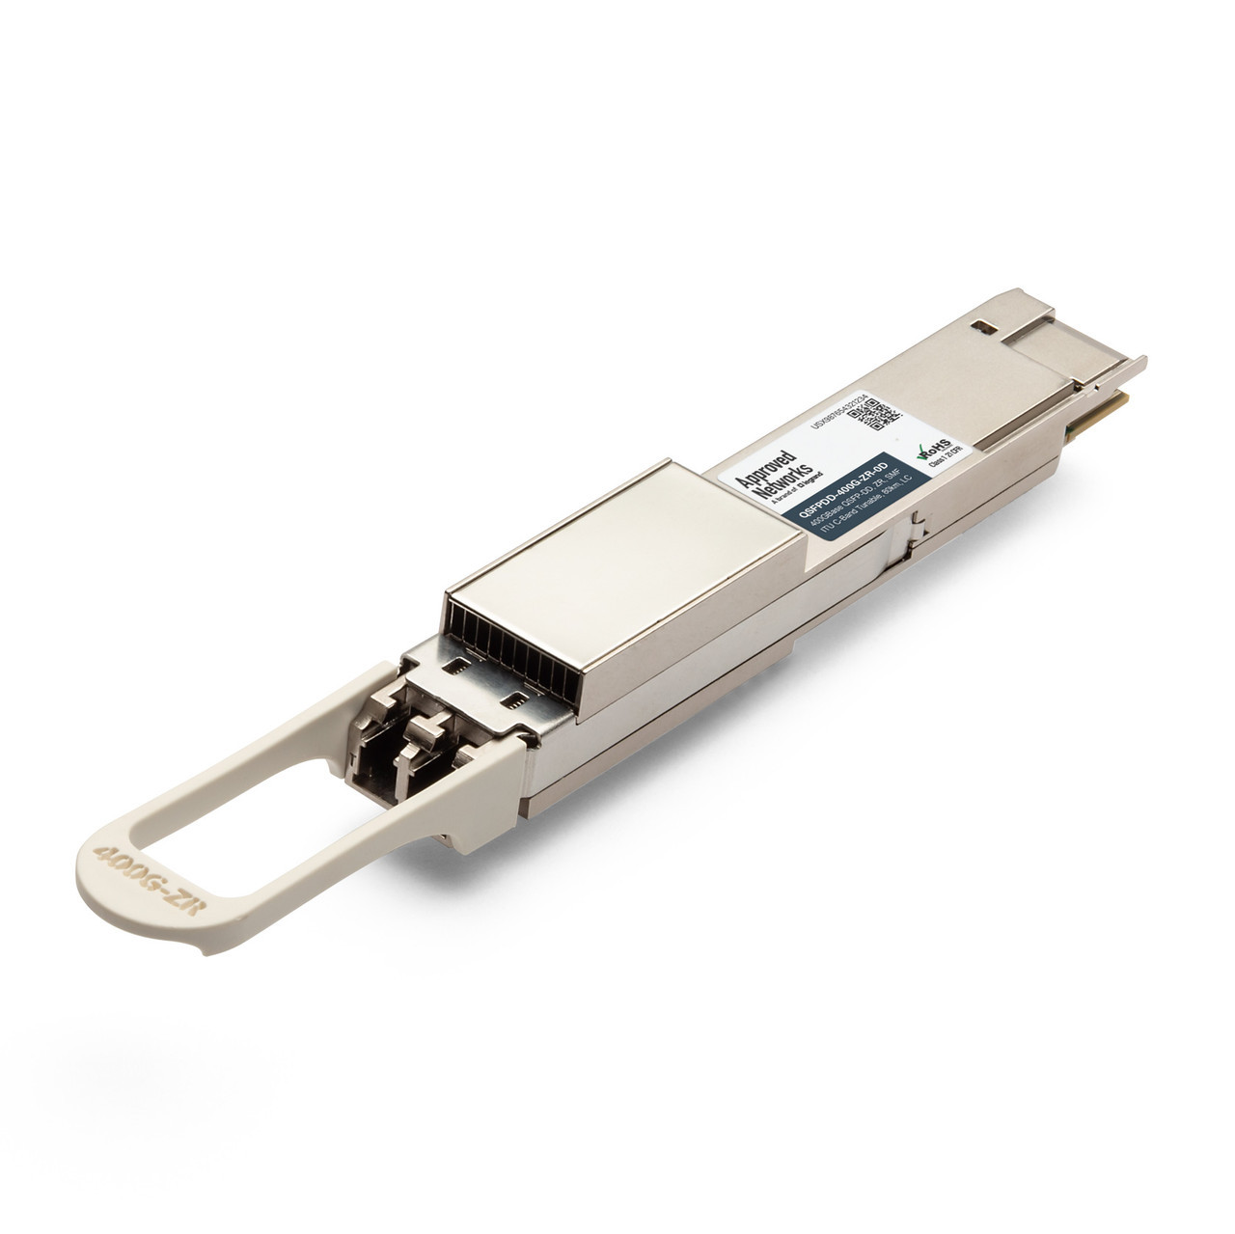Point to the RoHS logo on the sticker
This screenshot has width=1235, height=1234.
[932, 449]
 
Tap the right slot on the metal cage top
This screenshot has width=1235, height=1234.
[518, 697]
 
